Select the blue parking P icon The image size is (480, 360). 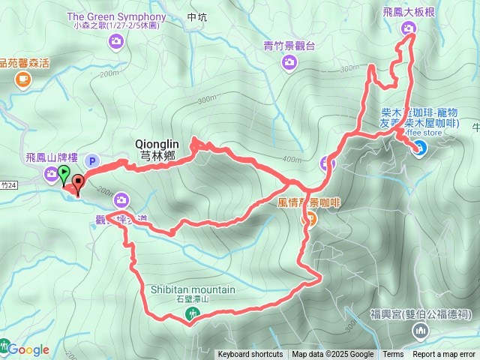click(92, 160)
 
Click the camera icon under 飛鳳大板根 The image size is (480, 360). click(409, 29)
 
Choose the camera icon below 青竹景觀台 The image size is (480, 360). click(289, 63)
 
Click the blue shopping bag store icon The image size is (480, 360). click(418, 147)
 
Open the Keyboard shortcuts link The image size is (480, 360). click(250, 355)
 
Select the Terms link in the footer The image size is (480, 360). click(393, 355)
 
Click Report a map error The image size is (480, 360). click(445, 355)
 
